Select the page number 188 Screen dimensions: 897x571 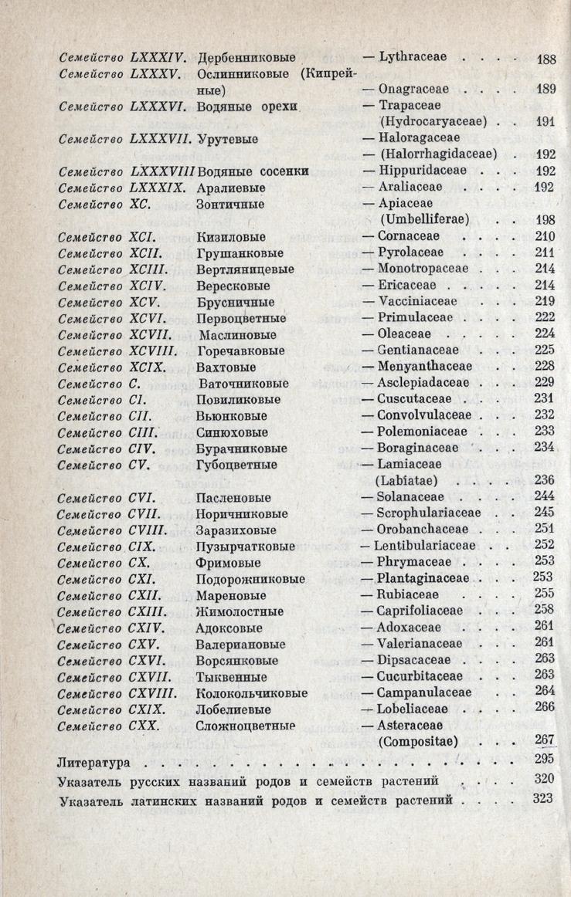pos(546,59)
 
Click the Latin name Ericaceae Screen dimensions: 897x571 pos(411,285)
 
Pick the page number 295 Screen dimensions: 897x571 pos(545,760)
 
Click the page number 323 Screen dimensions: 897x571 pos(545,797)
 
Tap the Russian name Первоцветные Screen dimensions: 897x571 pos(242,318)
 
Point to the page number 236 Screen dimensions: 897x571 pos(546,480)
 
